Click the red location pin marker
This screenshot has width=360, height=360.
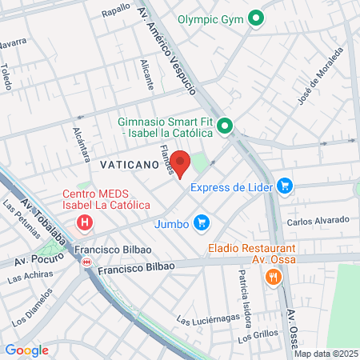click(181, 162)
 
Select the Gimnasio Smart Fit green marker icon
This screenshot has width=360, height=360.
click(226, 126)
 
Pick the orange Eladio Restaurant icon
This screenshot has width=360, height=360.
click(273, 278)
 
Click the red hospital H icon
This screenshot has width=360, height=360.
click(83, 222)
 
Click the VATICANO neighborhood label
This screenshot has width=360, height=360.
click(121, 162)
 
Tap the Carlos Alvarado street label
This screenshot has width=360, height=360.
click(318, 220)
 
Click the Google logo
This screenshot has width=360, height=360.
click(26, 350)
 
